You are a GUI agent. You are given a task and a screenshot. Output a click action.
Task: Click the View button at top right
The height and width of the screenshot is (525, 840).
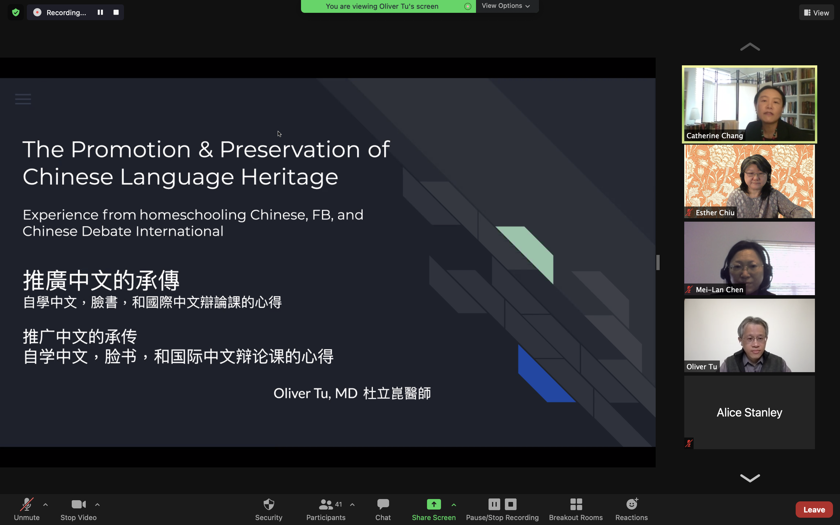click(x=816, y=13)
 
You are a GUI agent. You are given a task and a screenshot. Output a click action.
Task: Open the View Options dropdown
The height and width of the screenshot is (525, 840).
click(x=506, y=6)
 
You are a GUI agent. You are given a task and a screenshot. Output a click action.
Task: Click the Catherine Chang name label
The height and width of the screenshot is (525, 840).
click(x=714, y=136)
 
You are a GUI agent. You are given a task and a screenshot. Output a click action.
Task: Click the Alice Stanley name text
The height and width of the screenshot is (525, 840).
click(x=749, y=412)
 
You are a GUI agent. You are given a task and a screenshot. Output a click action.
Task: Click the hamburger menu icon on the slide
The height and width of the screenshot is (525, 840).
click(x=23, y=99)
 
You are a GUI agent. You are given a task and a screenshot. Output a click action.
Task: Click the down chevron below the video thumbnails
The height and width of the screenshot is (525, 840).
click(x=750, y=478)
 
